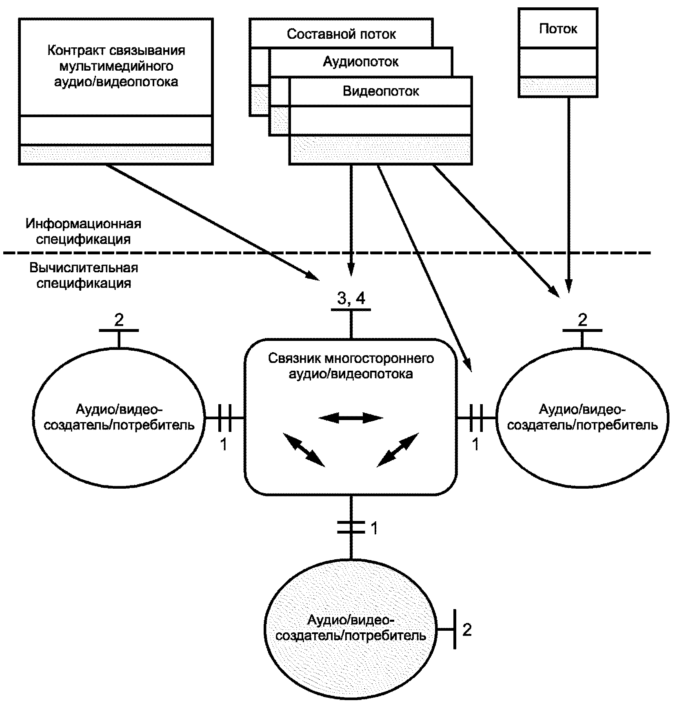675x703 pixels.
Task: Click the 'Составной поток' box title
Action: (x=341, y=34)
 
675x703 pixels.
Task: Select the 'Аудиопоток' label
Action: (x=361, y=62)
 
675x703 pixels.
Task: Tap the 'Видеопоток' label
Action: (x=380, y=91)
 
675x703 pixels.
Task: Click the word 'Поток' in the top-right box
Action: (x=558, y=29)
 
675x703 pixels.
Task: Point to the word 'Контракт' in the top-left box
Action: (x=76, y=51)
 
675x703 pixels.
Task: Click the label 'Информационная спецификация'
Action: (x=83, y=231)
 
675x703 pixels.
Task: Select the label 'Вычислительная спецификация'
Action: (x=84, y=276)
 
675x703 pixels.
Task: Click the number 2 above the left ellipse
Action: (x=119, y=320)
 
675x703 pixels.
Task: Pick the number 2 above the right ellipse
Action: (x=582, y=320)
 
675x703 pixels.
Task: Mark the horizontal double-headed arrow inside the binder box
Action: (x=351, y=418)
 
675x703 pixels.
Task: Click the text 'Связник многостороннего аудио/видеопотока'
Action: (x=351, y=366)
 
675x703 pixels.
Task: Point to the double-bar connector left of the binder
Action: (x=224, y=418)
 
